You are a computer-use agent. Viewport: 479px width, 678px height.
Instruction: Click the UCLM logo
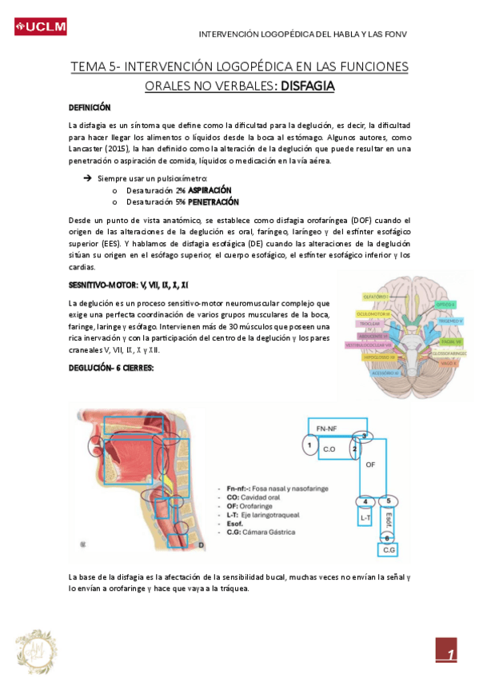click(40, 28)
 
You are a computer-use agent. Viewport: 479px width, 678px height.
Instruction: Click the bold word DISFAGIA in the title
click(303, 86)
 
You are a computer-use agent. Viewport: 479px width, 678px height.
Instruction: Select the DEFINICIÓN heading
click(90, 107)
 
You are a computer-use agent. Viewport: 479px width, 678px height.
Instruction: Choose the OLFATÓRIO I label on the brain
click(376, 297)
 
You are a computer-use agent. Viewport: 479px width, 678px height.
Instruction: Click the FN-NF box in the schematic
click(326, 429)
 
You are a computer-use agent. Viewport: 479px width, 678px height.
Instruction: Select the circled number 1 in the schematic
click(307, 442)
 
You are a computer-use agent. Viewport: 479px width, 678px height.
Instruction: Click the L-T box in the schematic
click(365, 518)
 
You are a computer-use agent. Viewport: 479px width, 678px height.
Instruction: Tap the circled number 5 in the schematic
click(388, 501)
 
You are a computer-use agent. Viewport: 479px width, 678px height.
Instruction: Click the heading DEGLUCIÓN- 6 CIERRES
click(111, 367)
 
